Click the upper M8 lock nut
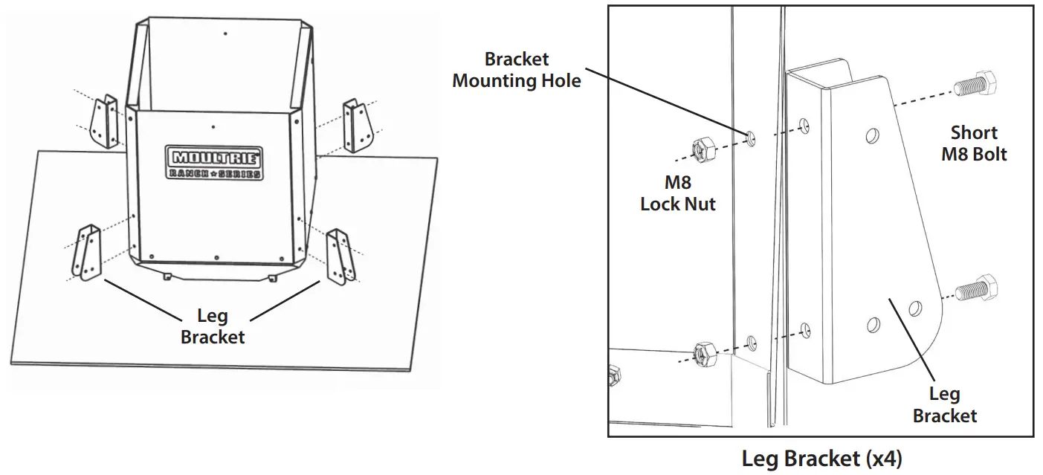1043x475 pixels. (703, 152)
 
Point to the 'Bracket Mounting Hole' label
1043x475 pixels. (517, 70)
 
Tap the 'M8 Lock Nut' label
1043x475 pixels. (678, 193)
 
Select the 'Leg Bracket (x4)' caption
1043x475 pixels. (822, 459)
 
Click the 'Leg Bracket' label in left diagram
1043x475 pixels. (213, 326)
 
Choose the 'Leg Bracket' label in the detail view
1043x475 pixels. (944, 405)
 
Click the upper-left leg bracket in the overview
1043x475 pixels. (105, 121)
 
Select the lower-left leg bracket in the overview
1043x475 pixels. (86, 252)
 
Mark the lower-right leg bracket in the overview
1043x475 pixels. (340, 257)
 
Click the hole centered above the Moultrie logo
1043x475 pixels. (213, 127)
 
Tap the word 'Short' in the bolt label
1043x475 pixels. (974, 133)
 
